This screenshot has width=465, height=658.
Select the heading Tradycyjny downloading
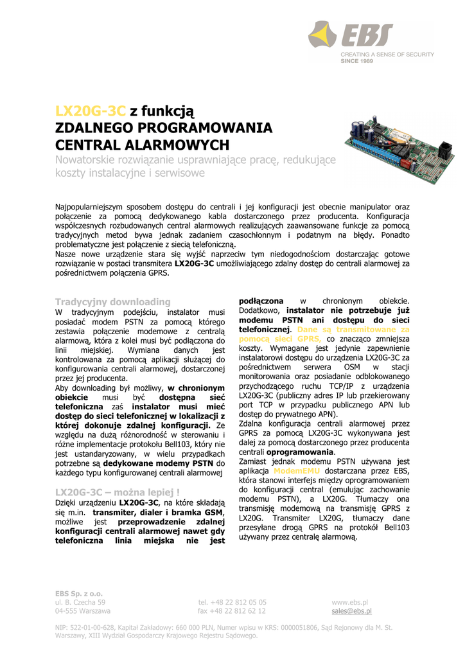pyautogui.click(x=113, y=301)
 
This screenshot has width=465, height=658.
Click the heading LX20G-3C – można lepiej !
pyautogui.click(x=118, y=492)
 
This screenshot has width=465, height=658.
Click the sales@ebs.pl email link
pyautogui.click(x=351, y=611)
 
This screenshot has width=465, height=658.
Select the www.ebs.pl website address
pyautogui.click(x=349, y=602)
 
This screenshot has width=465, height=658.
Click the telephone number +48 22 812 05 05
pyautogui.click(x=232, y=602)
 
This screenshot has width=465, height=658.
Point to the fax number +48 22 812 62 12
pyautogui.click(x=232, y=611)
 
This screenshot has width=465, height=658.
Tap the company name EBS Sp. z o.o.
pyautogui.click(x=79, y=593)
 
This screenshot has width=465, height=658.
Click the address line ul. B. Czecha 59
pyautogui.click(x=80, y=602)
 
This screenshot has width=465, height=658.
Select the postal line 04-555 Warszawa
pyautogui.click(x=83, y=611)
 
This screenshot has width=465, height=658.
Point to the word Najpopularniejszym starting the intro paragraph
pyautogui.click(x=93, y=208)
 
